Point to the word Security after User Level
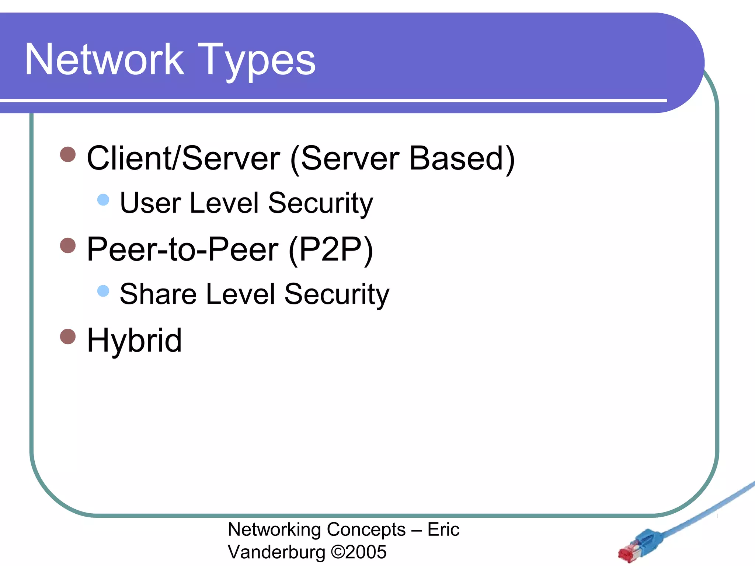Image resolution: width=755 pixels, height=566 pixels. (320, 204)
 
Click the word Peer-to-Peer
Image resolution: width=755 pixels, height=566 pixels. (182, 249)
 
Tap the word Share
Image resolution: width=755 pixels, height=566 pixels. (159, 294)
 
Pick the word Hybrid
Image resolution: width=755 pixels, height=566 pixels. (134, 340)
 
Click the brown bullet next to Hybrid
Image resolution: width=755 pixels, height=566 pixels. (68, 336)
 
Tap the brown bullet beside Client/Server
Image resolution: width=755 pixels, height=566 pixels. (68, 154)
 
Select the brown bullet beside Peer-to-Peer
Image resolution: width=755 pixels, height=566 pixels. (68, 245)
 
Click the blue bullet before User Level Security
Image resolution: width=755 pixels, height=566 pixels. (103, 200)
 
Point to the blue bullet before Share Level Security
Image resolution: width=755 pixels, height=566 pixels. (103, 291)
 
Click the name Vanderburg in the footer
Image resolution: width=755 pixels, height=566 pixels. (276, 552)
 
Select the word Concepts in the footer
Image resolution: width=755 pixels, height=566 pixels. (366, 530)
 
